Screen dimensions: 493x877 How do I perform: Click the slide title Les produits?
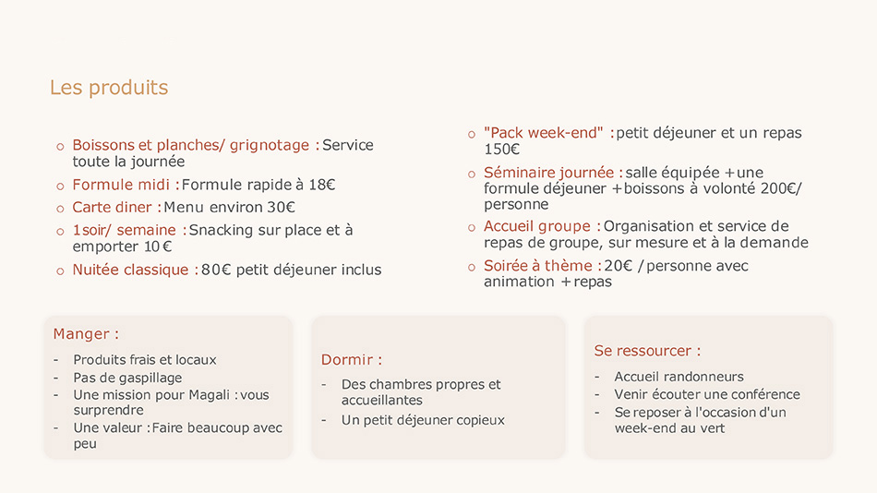[109, 88]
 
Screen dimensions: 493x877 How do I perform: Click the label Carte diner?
[113, 208]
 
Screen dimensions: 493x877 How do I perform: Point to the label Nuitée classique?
[131, 270]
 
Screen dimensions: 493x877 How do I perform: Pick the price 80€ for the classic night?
[216, 270]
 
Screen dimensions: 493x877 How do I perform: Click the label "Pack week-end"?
[543, 133]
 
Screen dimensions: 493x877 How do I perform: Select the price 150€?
[502, 149]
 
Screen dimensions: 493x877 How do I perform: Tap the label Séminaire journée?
[548, 173]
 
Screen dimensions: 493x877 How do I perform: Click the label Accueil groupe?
[536, 226]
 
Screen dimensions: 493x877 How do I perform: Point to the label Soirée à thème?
[536, 266]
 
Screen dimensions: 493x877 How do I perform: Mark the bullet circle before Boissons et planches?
[60, 146]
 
